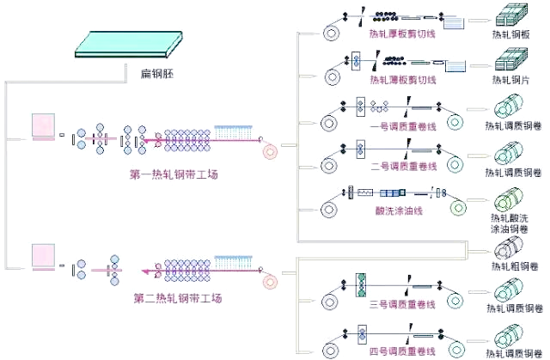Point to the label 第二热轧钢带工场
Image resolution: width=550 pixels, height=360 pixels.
coord(178,298)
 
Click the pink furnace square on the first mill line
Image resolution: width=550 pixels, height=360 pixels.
coord(43,127)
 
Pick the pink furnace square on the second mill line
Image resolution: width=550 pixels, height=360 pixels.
coord(43,255)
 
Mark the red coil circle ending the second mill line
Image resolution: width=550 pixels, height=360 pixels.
coord(271,279)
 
